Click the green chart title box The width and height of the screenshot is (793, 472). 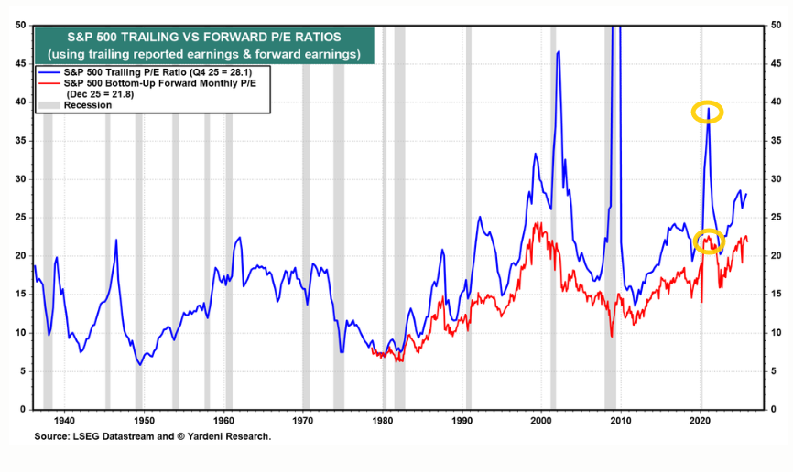click(203, 46)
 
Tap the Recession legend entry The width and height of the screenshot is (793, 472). click(88, 105)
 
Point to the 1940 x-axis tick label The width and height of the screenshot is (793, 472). click(63, 421)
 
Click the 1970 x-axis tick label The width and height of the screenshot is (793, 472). click(303, 421)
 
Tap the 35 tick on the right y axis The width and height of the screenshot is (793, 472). click(775, 140)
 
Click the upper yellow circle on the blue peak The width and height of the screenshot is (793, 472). click(707, 113)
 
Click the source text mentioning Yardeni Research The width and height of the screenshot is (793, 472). click(152, 437)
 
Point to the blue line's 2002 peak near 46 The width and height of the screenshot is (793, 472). click(558, 53)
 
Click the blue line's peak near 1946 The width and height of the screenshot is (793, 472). click(116, 240)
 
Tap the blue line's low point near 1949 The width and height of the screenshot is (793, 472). click(140, 364)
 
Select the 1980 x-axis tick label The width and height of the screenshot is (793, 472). click(383, 421)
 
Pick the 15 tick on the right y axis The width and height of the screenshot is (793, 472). click(775, 294)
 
